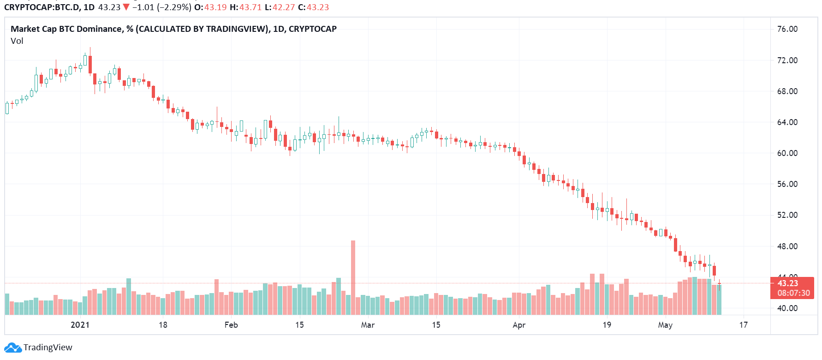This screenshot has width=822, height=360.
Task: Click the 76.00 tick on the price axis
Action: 787,29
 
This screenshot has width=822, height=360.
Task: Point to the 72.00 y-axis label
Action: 787,60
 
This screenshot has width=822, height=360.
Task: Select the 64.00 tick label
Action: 787,122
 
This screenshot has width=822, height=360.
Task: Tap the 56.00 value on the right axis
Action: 787,184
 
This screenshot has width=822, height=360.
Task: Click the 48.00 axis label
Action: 787,246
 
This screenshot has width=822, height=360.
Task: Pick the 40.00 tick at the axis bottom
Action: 787,308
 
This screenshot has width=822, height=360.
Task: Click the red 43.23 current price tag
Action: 787,283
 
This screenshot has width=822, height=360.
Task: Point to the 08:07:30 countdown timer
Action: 793,293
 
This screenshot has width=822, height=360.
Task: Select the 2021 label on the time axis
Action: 80,325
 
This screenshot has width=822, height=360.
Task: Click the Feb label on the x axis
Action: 231,325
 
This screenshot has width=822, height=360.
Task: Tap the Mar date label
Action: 368,325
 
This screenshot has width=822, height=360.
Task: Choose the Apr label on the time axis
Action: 519,325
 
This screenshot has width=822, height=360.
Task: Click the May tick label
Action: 665,325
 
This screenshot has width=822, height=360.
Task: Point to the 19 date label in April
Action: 607,325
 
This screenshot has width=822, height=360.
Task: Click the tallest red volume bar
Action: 353,277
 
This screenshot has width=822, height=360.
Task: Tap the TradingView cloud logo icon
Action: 12,348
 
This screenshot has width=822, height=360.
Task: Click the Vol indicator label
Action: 17,41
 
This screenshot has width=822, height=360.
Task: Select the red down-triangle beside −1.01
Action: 126,7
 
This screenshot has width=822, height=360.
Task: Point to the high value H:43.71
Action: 245,7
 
